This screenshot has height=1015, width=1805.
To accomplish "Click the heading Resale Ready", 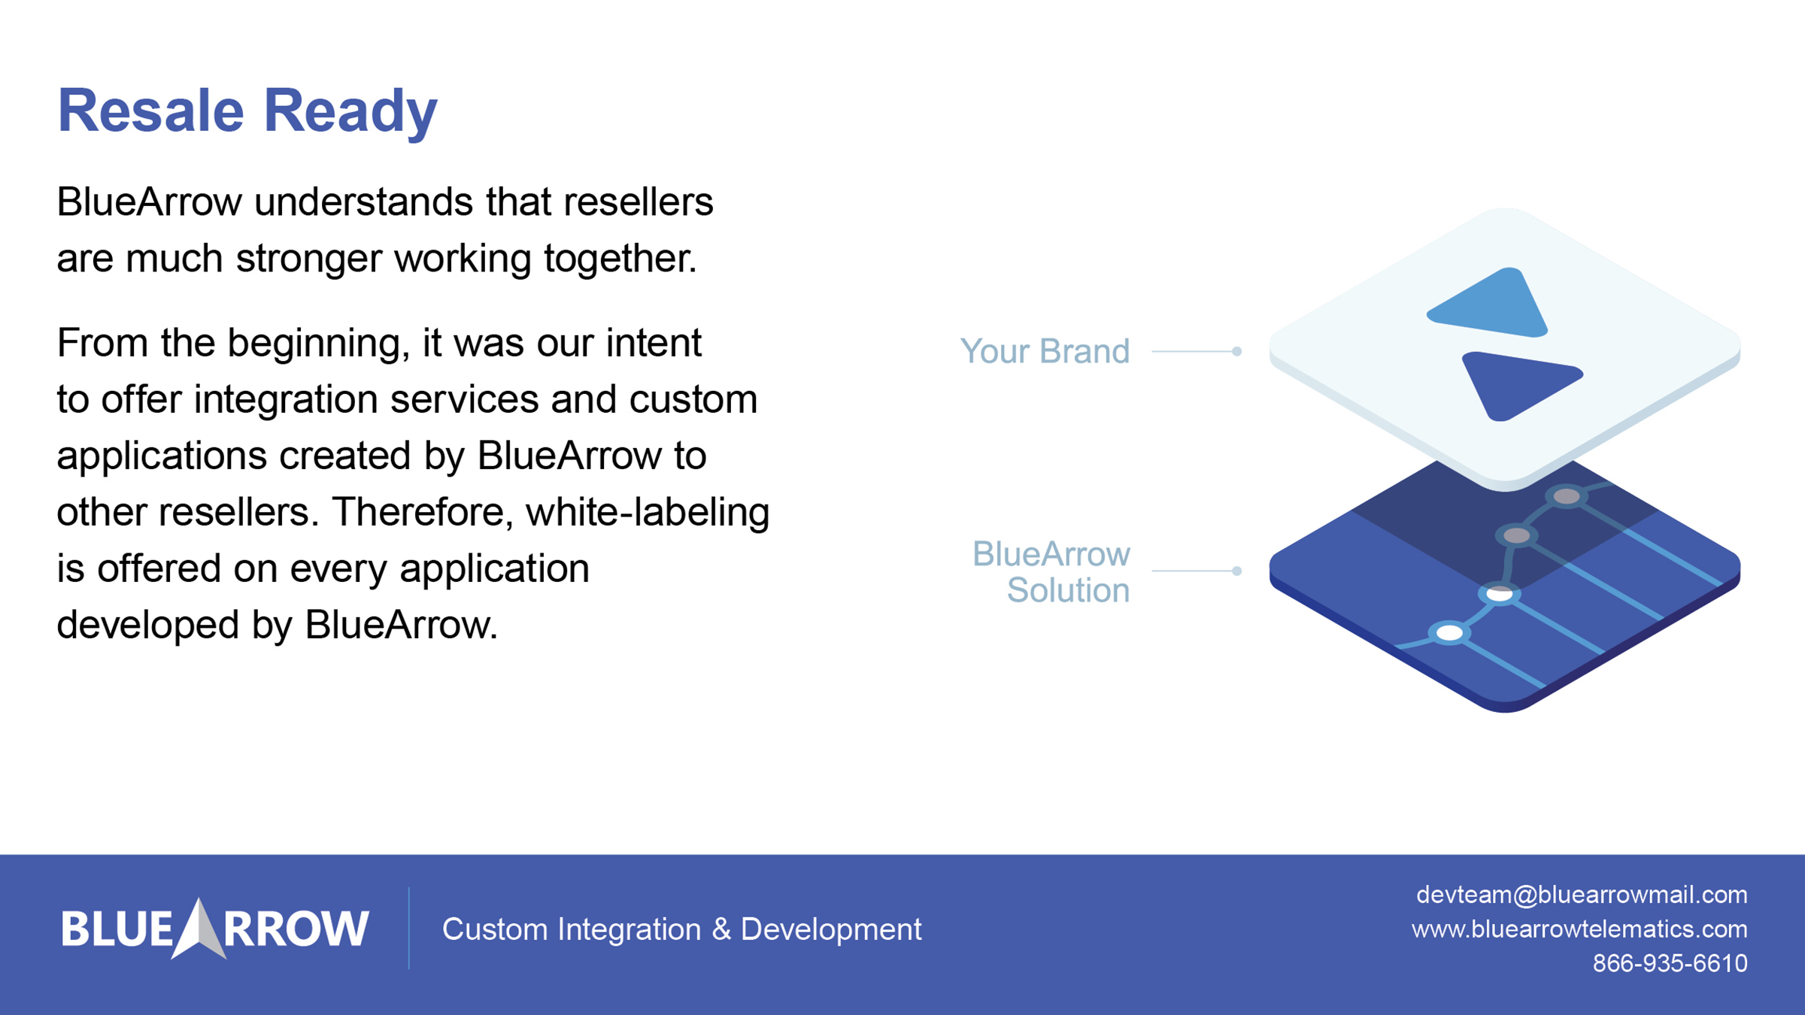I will tap(247, 111).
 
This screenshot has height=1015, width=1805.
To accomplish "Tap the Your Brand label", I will tap(1045, 351).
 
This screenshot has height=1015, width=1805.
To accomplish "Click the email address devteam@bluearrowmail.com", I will tap(1581, 895).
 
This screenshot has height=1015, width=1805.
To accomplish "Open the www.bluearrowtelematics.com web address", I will tap(1579, 929).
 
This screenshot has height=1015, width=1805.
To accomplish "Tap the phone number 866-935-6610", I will tap(1670, 963).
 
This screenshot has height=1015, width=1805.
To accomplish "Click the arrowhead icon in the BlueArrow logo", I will tap(199, 929).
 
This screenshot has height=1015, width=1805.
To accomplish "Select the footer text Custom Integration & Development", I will tap(681, 930).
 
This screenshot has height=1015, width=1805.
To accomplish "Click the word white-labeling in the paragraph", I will tap(647, 512).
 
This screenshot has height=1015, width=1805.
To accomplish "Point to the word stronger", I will tap(309, 259).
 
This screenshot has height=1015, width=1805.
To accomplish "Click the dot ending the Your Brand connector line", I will tap(1236, 351).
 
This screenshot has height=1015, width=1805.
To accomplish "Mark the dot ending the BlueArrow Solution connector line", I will tap(1236, 571).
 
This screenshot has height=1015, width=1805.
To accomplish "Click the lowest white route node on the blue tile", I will tap(1449, 633).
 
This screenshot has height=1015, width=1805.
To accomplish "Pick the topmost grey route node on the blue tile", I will tap(1567, 496).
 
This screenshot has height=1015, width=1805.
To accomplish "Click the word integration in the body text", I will tap(286, 399).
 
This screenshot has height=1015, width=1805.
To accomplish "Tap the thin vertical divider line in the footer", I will tap(409, 929).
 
